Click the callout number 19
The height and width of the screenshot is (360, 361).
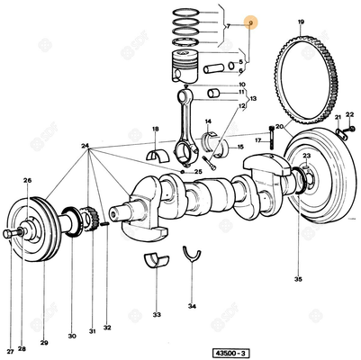(x=300, y=21)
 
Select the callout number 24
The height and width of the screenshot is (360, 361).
(x=85, y=146)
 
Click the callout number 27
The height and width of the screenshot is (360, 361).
(x=11, y=350)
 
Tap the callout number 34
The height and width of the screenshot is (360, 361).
(x=192, y=306)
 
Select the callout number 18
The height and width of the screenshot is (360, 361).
(x=155, y=130)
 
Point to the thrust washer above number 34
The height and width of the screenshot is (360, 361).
(x=191, y=255)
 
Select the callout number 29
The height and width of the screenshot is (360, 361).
(x=44, y=344)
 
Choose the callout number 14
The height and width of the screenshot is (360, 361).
(x=208, y=121)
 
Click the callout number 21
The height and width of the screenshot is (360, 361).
(x=337, y=117)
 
